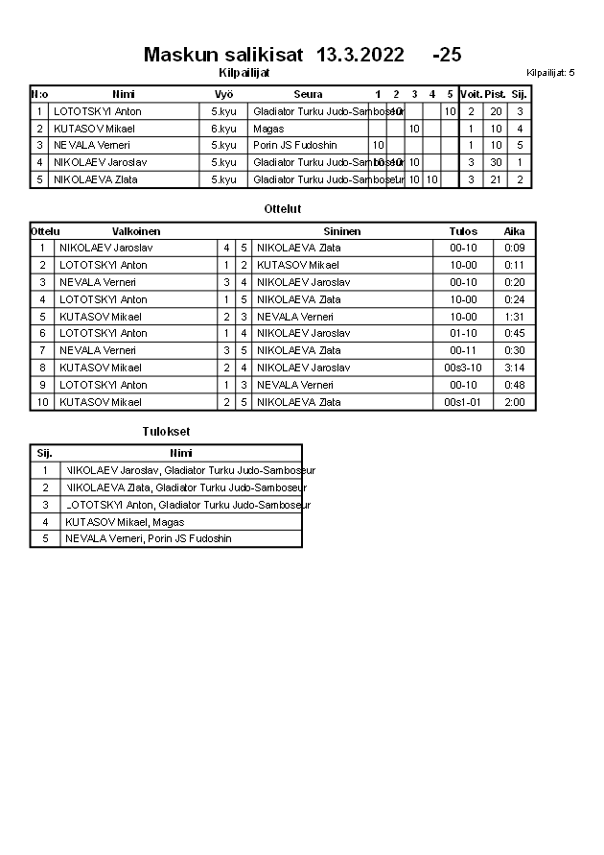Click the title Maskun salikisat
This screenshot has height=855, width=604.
[225, 55]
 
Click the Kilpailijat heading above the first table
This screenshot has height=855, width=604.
[244, 72]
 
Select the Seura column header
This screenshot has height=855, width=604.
[308, 94]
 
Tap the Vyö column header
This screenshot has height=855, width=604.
[223, 94]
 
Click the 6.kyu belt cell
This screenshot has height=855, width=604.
[223, 129]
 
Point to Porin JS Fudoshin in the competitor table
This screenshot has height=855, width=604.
[295, 145]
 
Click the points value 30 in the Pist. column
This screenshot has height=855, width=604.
[496, 162]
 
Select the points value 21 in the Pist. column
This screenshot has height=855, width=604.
[496, 179]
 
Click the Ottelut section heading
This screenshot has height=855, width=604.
[283, 208]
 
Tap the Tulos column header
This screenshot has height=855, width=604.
[463, 231]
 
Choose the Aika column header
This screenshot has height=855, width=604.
[515, 231]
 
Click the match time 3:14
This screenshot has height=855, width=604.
[515, 368]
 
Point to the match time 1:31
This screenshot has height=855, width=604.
[515, 317]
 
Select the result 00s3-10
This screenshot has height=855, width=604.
[463, 368]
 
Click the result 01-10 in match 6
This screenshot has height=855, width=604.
[463, 333]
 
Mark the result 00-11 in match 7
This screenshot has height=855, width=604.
[463, 350]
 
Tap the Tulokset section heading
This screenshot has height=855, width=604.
[166, 432]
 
